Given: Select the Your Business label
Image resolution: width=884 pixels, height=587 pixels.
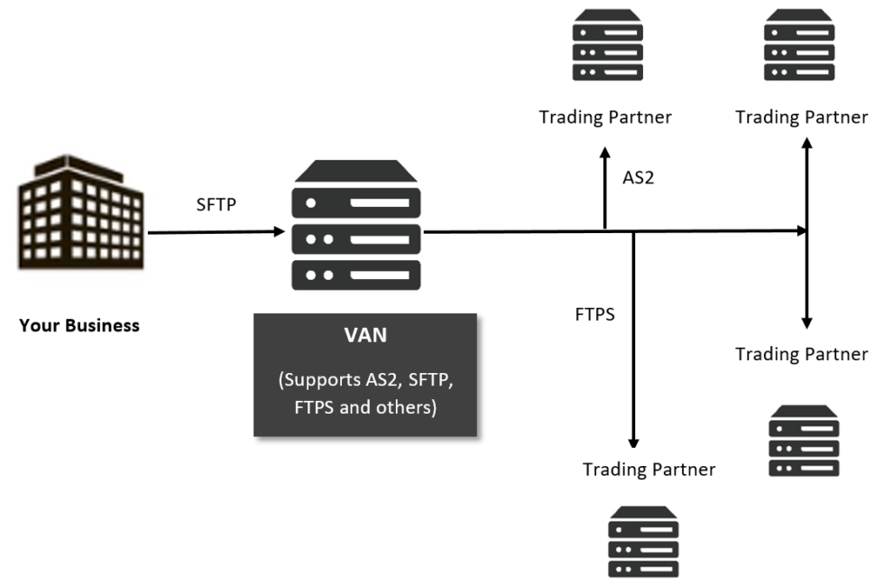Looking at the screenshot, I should click(79, 325).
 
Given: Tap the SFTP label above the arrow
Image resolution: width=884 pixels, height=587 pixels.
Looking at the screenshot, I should click(216, 205).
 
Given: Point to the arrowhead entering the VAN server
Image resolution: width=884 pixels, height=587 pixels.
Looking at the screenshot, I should click(279, 232).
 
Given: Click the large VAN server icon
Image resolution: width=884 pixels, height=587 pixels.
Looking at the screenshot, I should click(356, 226).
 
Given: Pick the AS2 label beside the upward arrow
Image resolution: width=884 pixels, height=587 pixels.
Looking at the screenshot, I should click(638, 178).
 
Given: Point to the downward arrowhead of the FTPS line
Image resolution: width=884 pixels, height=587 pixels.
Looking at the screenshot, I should click(633, 443).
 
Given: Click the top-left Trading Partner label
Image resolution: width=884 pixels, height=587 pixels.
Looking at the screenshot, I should click(605, 117).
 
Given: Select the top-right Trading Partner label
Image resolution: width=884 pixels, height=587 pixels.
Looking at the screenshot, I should click(802, 117).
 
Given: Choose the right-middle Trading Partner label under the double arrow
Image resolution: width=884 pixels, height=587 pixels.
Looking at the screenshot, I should click(802, 354).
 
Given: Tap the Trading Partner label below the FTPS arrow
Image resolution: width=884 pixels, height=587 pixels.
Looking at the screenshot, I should click(649, 470).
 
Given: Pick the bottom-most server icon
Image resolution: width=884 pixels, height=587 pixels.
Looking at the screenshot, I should click(643, 542).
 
